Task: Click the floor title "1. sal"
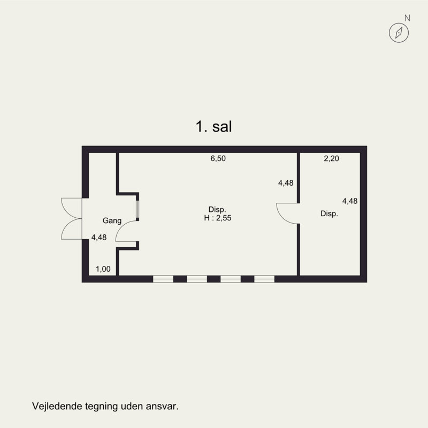click(x=213, y=127)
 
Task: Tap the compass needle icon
click(x=399, y=33)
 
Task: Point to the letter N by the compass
click(x=407, y=18)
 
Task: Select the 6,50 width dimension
click(x=218, y=158)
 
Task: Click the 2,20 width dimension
click(x=331, y=158)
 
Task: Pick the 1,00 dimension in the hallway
click(x=103, y=269)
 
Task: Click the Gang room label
click(x=112, y=220)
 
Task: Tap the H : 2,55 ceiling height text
click(x=218, y=218)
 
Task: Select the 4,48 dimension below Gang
click(x=99, y=237)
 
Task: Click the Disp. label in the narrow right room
click(x=329, y=213)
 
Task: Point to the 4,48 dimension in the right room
click(x=350, y=201)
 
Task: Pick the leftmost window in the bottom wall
click(x=163, y=279)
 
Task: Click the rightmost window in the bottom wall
click(x=264, y=279)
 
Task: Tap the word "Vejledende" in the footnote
click(x=57, y=406)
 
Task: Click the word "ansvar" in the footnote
click(x=162, y=407)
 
